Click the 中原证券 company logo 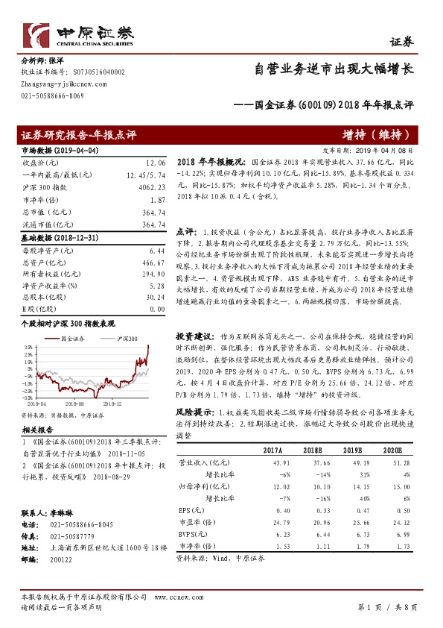(x=77, y=35)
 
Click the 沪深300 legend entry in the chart (x=125, y=339)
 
